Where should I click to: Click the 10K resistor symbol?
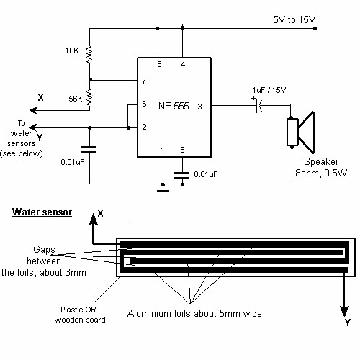[89, 55]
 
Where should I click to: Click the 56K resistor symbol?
[89, 97]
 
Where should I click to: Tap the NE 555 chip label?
[174, 106]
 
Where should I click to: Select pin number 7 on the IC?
[144, 81]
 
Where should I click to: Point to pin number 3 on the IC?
[199, 107]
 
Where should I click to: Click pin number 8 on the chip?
[159, 64]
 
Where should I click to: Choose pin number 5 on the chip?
[182, 150]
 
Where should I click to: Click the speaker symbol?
[301, 132]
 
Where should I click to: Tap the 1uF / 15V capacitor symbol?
[259, 106]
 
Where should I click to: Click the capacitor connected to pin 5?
[182, 175]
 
